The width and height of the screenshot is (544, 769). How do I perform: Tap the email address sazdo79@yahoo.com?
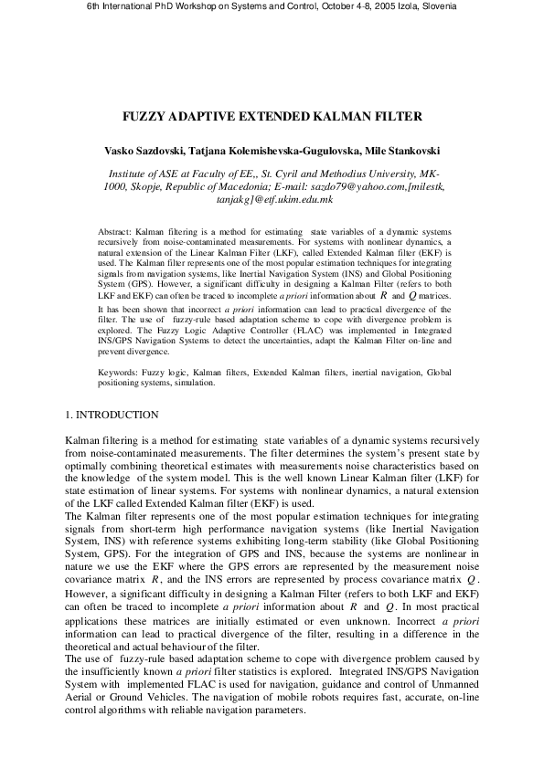click(366, 185)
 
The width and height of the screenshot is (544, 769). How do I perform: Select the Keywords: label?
click(120, 399)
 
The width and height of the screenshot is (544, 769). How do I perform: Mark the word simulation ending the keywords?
click(193, 409)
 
